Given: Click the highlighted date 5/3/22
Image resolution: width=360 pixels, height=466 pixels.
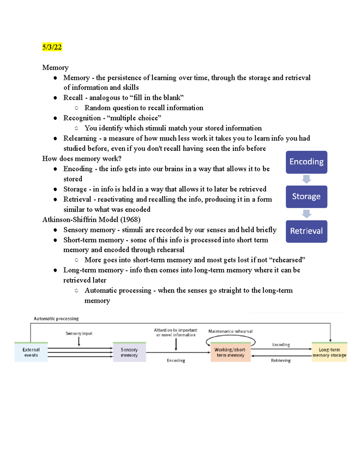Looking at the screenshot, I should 52,47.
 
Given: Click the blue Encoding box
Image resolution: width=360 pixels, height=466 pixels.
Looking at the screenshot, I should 306,162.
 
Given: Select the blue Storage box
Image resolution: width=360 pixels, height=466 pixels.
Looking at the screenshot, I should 306,197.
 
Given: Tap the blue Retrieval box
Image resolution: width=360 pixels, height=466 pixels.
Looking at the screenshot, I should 306,231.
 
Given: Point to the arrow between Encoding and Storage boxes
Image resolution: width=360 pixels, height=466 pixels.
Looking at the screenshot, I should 306,179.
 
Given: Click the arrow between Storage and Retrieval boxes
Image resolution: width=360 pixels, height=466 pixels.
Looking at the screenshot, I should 306,214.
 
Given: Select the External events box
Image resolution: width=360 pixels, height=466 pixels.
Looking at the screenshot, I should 31,352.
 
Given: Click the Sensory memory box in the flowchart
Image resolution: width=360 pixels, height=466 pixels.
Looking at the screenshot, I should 129,352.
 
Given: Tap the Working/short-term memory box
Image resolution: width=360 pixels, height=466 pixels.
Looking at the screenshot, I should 230,352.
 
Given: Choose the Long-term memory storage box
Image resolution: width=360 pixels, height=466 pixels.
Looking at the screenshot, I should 329,352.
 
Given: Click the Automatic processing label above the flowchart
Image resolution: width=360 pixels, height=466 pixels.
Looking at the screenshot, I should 56,319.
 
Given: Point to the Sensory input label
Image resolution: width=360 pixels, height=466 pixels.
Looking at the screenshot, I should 79,333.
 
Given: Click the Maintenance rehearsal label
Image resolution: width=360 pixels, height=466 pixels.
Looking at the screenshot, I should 230,331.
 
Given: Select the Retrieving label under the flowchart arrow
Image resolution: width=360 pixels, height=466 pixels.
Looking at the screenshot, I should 281,361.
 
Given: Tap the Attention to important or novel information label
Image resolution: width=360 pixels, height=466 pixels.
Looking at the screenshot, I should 176,332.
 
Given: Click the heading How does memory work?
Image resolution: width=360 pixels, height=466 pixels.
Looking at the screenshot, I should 82,159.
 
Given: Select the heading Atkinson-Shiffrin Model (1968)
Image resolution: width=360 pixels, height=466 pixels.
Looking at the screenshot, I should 91,220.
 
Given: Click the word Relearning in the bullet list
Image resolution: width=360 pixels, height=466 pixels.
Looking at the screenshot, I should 80,138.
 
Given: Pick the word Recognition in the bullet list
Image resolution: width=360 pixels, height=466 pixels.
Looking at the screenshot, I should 82,118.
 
